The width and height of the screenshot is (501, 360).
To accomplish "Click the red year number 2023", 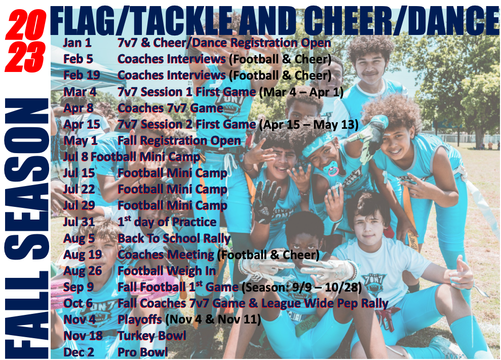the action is tap(25, 41).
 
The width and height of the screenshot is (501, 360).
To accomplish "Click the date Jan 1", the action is tap(78, 43).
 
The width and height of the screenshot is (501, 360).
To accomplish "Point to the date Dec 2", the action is tap(79, 352).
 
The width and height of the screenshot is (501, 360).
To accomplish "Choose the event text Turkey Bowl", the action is tap(152, 336).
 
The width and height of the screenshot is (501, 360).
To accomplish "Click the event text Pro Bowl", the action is tap(142, 352).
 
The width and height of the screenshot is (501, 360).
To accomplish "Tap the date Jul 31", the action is tap(79, 222).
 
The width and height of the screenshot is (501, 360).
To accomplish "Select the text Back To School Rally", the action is tap(174, 238).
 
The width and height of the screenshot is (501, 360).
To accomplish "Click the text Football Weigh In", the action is tap(167, 271).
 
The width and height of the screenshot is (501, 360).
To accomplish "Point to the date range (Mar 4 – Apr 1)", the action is tap(301, 92).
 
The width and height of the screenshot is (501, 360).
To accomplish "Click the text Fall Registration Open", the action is tap(179, 141).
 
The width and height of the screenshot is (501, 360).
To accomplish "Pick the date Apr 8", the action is tap(79, 109).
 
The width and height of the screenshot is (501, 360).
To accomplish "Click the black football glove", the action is tap(266, 202).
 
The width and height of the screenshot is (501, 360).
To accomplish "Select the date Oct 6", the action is tap(78, 303).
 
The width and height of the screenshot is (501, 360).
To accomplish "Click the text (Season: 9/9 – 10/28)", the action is tap(301, 287).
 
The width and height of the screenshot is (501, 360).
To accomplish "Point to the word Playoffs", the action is tap(140, 319).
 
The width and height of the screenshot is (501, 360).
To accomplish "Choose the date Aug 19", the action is tap(83, 255).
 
